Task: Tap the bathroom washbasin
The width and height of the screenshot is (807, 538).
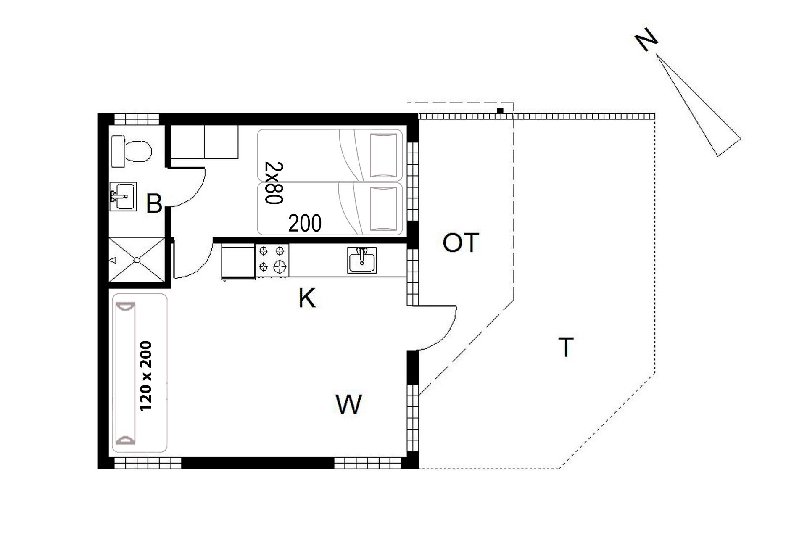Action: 123,196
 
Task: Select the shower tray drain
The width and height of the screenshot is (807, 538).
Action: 137,260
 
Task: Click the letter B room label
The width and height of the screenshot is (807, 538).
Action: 154,204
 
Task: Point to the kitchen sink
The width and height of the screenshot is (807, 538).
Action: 362,260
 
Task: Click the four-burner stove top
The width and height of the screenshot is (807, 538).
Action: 272,260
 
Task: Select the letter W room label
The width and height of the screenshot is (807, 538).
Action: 349,404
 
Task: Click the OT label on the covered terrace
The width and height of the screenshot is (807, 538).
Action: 461,243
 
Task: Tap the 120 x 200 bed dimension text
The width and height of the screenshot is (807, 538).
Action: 145,375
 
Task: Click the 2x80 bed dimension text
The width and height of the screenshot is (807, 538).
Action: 274,183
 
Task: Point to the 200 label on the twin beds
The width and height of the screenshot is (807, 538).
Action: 305,223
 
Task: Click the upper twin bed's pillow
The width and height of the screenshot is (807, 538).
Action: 383,155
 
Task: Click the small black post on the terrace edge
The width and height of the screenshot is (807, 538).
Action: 500,111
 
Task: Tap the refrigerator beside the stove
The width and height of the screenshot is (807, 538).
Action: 238,261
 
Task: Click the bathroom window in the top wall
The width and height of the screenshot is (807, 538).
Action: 137,119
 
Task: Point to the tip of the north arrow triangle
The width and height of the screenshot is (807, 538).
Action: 656,55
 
